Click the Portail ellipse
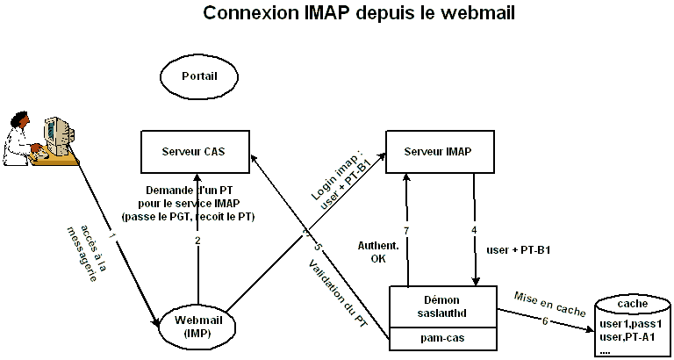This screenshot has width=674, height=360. point(199,76)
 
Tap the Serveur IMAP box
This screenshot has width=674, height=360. point(438,151)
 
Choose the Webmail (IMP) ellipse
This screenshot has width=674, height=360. point(199,324)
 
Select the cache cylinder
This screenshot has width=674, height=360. point(632,326)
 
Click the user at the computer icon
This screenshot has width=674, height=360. point(39,136)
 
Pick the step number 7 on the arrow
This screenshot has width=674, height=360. point(407,229)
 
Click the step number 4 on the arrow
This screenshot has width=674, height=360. point(474,231)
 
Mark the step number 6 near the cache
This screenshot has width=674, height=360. point(545,320)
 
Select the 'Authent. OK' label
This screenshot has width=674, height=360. point(379,251)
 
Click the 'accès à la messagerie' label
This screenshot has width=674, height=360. point(88,250)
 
